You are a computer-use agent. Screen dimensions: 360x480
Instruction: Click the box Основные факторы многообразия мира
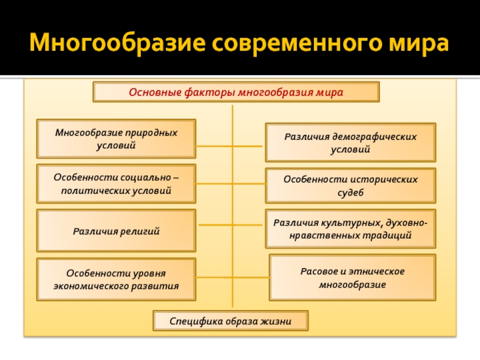236,93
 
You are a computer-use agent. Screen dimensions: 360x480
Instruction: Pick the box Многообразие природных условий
116,139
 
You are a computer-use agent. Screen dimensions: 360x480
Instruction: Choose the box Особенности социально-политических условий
116,184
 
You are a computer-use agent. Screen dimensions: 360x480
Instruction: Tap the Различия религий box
116,230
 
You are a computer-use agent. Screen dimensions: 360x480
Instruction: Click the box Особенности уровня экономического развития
116,280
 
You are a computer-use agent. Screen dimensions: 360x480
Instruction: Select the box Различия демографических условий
350,143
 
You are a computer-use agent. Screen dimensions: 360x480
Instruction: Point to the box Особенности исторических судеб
350,185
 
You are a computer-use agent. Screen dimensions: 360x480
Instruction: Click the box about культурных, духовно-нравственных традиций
350,229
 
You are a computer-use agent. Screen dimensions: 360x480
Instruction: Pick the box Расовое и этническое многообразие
352,277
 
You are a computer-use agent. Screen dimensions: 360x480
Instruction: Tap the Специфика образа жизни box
230,322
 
